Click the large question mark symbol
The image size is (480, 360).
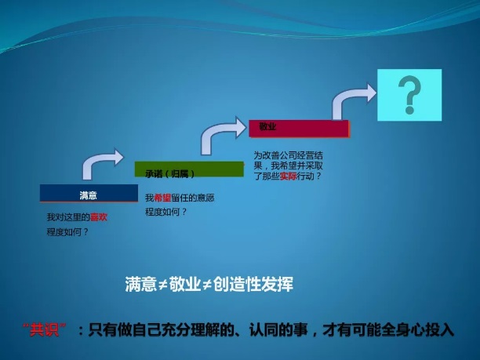(410, 95)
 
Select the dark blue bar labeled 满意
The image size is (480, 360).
(89, 193)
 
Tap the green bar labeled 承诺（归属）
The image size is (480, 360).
(189, 169)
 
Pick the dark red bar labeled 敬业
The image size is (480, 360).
(299, 129)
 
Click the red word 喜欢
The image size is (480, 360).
(99, 217)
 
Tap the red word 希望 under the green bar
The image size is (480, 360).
(162, 198)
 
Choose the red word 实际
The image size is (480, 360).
(288, 176)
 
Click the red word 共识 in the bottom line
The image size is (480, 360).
(45, 330)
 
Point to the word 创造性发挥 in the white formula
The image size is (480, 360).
(253, 284)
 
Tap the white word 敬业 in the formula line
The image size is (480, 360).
(184, 284)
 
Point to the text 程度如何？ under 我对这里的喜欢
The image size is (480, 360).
(67, 232)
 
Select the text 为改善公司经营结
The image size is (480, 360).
(288, 155)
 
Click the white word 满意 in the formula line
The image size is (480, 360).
(141, 284)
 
